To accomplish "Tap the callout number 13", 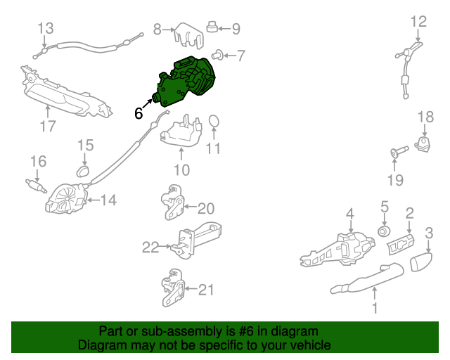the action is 46,28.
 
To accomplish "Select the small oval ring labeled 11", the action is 214,121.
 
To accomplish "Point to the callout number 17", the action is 48,126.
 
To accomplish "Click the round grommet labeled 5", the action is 384,231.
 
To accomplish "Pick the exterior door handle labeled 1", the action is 367,278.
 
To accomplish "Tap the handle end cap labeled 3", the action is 420,262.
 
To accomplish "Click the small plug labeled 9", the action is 212,27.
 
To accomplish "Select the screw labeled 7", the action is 218,55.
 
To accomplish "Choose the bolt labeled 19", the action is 399,151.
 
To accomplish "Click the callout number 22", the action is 150,247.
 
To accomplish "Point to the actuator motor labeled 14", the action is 67,199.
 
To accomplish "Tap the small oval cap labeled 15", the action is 83,171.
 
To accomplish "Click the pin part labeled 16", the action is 36,186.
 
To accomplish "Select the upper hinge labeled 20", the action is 172,202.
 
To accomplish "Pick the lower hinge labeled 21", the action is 172,288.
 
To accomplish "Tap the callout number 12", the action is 419,22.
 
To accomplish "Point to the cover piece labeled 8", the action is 189,36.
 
